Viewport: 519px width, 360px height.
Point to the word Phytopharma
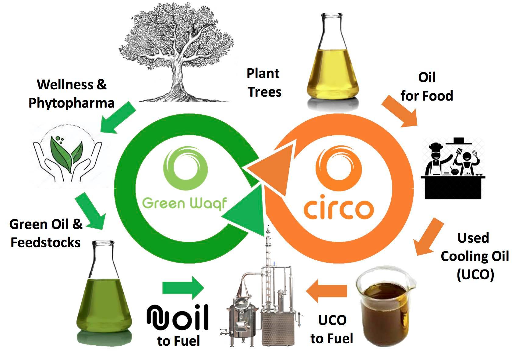pyautogui.click(x=72, y=103)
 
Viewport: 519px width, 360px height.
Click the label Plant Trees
pyautogui.click(x=264, y=83)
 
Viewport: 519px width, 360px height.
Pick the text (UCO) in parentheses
pyautogui.click(x=475, y=274)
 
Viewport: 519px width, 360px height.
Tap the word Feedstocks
pyautogui.click(x=46, y=243)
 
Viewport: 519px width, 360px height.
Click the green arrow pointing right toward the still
pyautogui.click(x=183, y=287)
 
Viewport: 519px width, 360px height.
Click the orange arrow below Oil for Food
pyautogui.click(x=401, y=111)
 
